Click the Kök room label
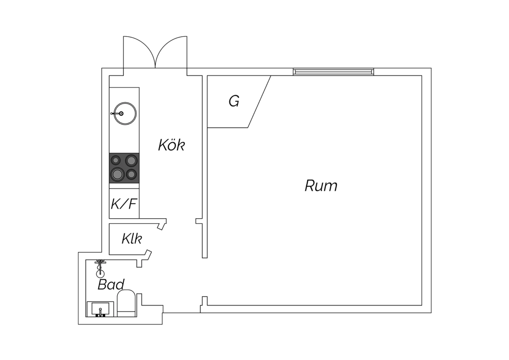(x=171, y=145)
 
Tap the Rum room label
(x=321, y=186)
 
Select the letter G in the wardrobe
(x=234, y=101)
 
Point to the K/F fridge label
(x=124, y=204)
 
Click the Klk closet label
(x=132, y=239)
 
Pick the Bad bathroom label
(x=111, y=285)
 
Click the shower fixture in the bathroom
(x=100, y=267)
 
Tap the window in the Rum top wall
(x=334, y=72)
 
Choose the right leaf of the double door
(x=171, y=51)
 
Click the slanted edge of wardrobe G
(x=260, y=102)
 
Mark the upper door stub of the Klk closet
(x=162, y=224)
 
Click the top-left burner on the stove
(x=116, y=160)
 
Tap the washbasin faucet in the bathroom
(x=100, y=311)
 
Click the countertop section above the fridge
(x=124, y=185)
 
